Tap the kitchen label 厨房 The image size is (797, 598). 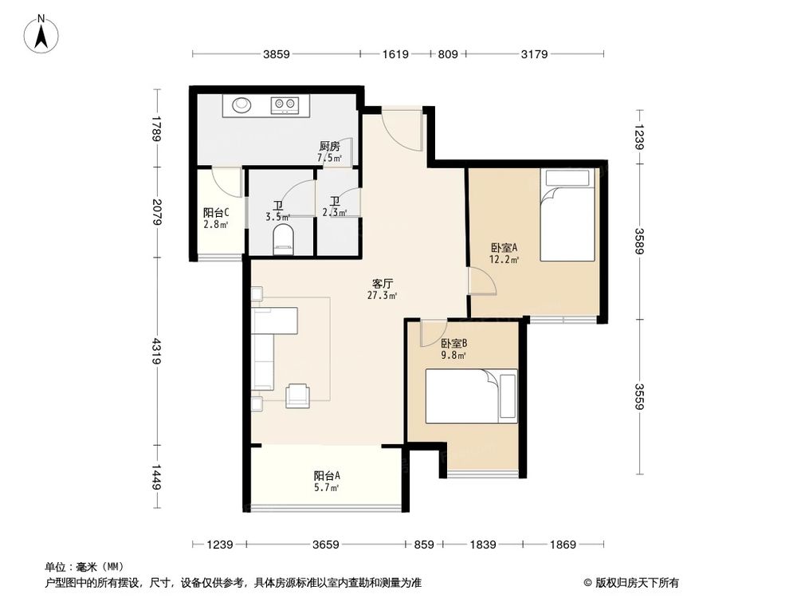tap(329, 147)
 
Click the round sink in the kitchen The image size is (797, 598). tap(241, 104)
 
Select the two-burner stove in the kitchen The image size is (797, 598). tap(285, 104)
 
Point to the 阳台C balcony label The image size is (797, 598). tap(216, 213)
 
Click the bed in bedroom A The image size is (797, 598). tap(567, 215)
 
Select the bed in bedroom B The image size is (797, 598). tap(470, 395)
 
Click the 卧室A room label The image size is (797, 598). tap(505, 247)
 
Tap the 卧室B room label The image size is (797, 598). tap(453, 344)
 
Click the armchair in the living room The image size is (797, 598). tap(299, 395)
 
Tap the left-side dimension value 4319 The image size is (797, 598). tap(157, 352)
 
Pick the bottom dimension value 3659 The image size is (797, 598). tap(326, 545)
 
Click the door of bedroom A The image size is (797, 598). tap(480, 281)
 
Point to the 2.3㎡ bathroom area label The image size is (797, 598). tap(335, 208)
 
